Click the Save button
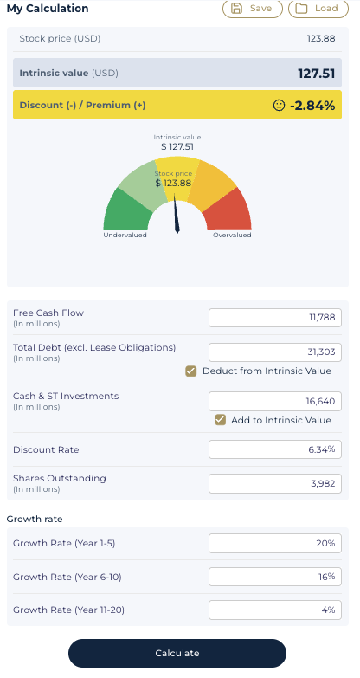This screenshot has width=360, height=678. pyautogui.click(x=253, y=9)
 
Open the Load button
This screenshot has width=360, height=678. pyautogui.click(x=318, y=9)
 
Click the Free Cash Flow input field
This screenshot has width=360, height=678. pyautogui.click(x=275, y=318)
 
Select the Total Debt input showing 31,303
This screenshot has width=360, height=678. pyautogui.click(x=275, y=352)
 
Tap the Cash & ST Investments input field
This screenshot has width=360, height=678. pyautogui.click(x=275, y=401)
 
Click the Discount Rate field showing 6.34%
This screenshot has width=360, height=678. pyautogui.click(x=275, y=449)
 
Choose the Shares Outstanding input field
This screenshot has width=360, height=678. pyautogui.click(x=275, y=483)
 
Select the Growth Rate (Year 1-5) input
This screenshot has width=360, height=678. pyautogui.click(x=275, y=543)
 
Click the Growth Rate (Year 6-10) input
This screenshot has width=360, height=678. pyautogui.click(x=275, y=577)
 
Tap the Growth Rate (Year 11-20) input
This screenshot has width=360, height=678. pyautogui.click(x=275, y=610)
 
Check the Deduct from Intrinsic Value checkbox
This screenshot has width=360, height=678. pyautogui.click(x=190, y=371)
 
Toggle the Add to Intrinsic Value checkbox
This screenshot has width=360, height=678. pyautogui.click(x=221, y=420)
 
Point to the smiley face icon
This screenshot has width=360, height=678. pyautogui.click(x=280, y=105)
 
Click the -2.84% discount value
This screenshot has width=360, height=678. pyautogui.click(x=312, y=105)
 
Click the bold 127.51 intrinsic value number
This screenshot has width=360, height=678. pyautogui.click(x=317, y=73)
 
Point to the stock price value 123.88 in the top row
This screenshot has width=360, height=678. pyautogui.click(x=321, y=38)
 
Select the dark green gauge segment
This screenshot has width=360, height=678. pyautogui.click(x=126, y=212)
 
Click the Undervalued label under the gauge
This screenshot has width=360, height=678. pyautogui.click(x=125, y=236)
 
